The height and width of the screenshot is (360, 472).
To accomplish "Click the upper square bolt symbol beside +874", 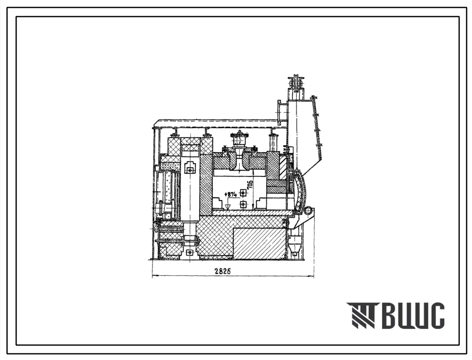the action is click(x=243, y=193).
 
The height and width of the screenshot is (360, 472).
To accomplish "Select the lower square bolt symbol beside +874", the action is click(x=243, y=205).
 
